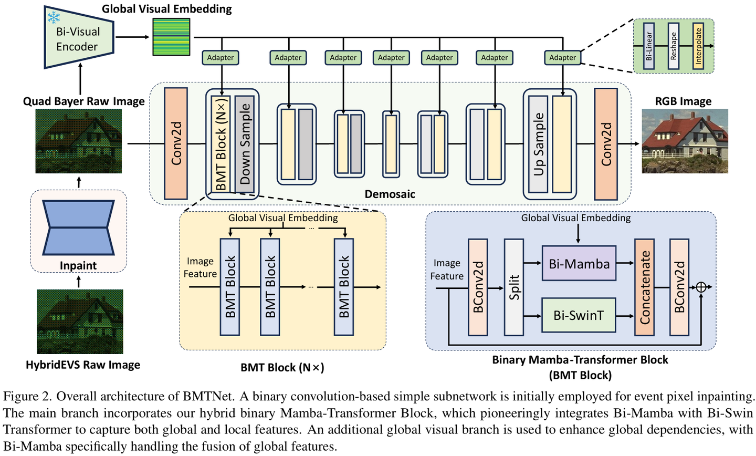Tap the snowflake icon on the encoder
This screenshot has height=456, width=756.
54,17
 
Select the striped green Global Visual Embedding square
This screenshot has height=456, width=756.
171,37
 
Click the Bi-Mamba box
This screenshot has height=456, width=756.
579,263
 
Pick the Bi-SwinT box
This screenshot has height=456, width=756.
579,315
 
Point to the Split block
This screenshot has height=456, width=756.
514,287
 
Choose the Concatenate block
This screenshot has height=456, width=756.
644,287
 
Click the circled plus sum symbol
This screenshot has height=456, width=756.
701,287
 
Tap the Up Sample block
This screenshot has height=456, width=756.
538,144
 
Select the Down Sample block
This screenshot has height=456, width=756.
245,144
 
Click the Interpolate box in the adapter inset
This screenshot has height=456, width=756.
698,46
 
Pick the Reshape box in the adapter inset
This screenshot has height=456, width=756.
674,46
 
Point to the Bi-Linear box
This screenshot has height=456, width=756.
649,46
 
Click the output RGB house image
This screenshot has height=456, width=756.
685,141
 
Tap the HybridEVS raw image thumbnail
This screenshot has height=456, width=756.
80,321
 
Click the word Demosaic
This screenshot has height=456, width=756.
390,194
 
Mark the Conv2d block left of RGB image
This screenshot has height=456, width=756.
606,144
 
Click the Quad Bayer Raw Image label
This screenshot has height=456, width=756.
83,101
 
